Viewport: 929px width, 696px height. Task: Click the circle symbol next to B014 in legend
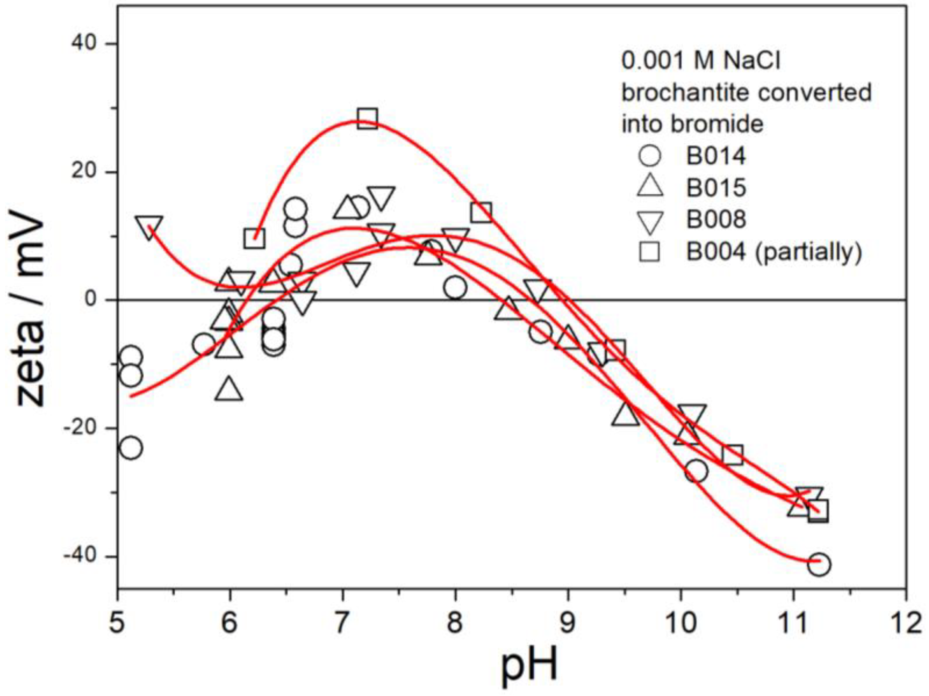(649, 155)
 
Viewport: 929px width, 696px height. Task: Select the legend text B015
(716, 187)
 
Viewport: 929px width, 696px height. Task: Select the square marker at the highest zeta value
(368, 118)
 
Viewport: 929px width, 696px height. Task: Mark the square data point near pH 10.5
(733, 455)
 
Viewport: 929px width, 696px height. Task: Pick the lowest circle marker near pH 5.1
(131, 448)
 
